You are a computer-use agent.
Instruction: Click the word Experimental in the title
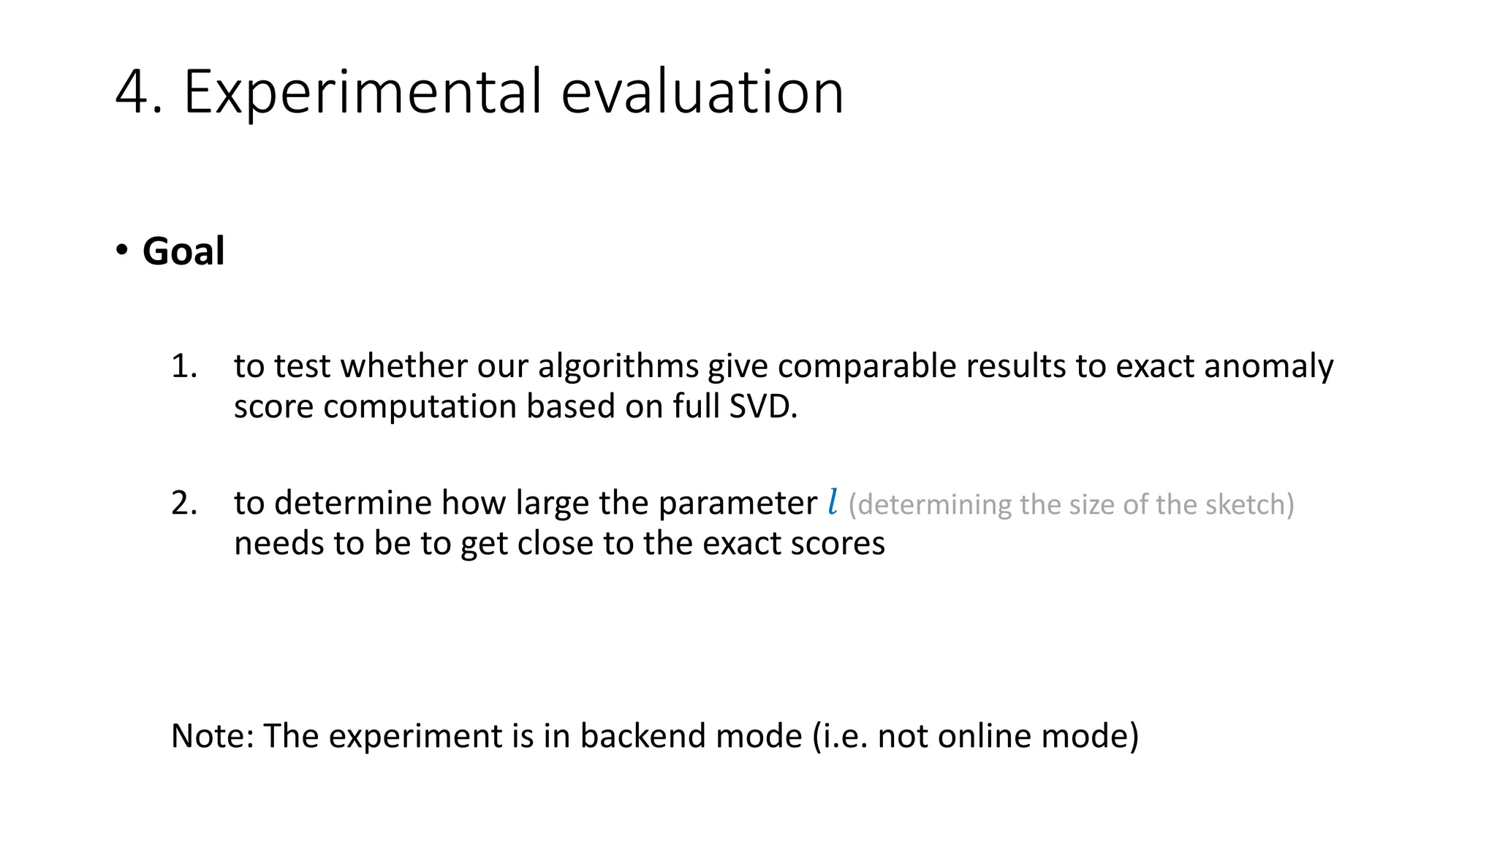click(363, 92)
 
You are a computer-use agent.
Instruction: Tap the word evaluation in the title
click(702, 92)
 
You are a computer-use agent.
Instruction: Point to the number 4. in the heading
click(138, 92)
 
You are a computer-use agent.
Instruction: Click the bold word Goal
click(183, 251)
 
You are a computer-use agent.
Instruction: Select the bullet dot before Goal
click(121, 250)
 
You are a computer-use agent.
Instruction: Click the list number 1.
click(183, 365)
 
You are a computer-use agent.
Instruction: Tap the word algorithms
click(618, 365)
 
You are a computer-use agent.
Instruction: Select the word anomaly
click(1268, 365)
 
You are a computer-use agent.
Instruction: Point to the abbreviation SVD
click(763, 406)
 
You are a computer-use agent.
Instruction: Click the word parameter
click(738, 503)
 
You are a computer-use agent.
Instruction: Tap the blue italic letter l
click(833, 502)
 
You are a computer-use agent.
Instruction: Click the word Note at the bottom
click(211, 735)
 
